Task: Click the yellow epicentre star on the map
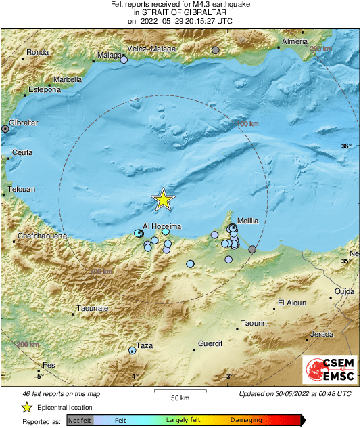click(163, 200)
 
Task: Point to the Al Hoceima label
click(162, 226)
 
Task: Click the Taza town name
click(145, 345)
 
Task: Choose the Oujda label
click(344, 291)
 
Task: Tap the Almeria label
click(294, 42)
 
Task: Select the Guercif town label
click(211, 343)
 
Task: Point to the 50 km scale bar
click(179, 392)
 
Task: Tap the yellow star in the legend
click(26, 408)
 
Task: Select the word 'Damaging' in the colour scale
click(247, 421)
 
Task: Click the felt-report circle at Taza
click(132, 350)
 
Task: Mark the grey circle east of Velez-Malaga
click(216, 50)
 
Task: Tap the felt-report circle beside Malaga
click(124, 60)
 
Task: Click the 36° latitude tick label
click(345, 146)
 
